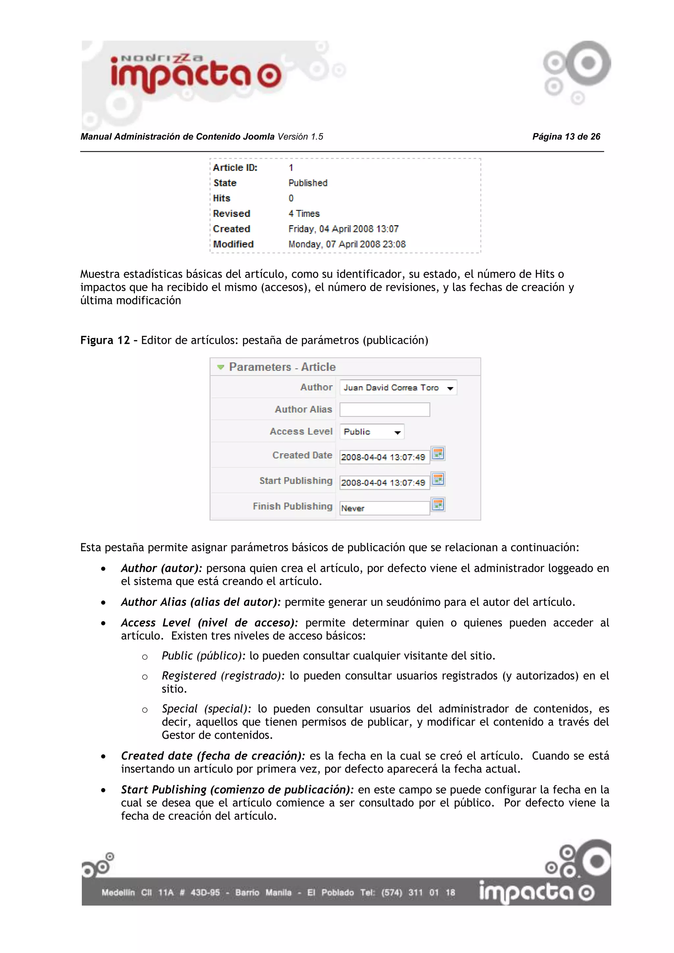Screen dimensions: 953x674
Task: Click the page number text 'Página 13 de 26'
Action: (x=566, y=137)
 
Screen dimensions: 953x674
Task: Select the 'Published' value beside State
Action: (x=307, y=183)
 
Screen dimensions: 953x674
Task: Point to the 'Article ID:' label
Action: (x=235, y=168)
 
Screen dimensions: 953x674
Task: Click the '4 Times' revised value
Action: (x=304, y=214)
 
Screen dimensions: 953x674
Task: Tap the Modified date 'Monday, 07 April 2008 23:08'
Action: (x=347, y=245)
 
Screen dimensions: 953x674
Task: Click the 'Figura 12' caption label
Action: (x=105, y=340)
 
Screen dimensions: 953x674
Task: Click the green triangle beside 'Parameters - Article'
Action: (x=221, y=367)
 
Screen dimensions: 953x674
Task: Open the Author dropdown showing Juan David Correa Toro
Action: (x=398, y=388)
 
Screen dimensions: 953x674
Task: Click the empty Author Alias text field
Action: (x=384, y=410)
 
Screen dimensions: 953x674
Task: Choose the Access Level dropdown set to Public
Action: (x=372, y=432)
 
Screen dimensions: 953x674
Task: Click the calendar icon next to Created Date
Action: (x=438, y=454)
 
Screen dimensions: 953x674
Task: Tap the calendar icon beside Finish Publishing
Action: (x=438, y=505)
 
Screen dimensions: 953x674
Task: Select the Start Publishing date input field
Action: (x=384, y=482)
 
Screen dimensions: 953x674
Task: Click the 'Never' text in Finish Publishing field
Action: (x=353, y=508)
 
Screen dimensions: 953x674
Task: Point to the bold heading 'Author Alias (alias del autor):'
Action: (x=201, y=602)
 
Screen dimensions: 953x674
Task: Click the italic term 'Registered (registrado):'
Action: (x=223, y=676)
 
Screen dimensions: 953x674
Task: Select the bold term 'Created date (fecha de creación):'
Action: (x=213, y=756)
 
